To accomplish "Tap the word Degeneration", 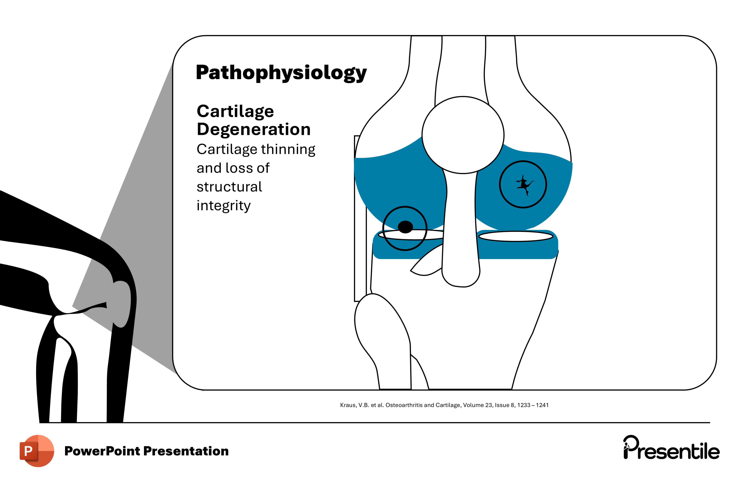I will tap(253, 129).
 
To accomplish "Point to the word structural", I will tap(229, 187).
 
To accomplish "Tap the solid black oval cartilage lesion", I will tap(405, 227).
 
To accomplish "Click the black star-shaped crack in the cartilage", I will tap(524, 184).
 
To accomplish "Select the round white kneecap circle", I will tap(463, 135).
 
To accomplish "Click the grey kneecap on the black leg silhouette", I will tap(122, 304).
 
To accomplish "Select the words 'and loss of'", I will tap(233, 168).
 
